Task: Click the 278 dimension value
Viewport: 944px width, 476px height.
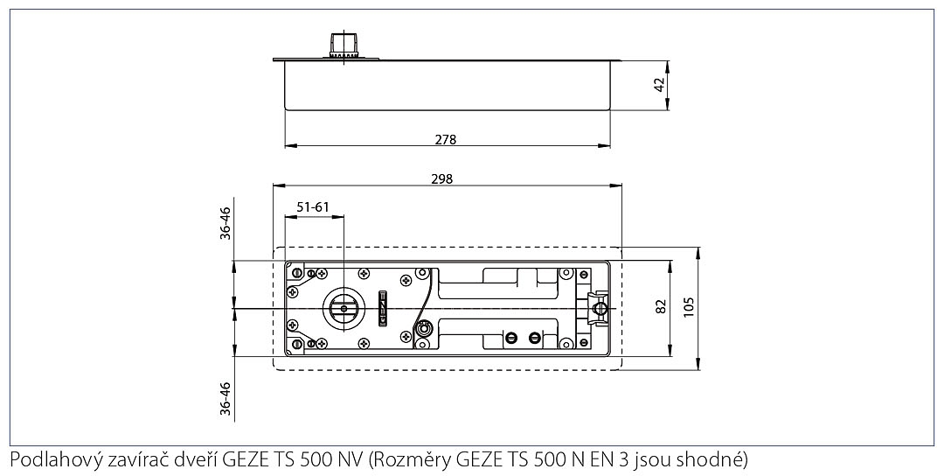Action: pos(447,139)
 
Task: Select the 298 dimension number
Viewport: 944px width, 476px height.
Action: pos(442,178)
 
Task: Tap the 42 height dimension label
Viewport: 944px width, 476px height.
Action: pos(660,84)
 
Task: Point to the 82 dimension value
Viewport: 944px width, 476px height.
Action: pos(661,306)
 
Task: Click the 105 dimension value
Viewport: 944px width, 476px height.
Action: pos(689,306)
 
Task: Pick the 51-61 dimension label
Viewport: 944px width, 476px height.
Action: pos(313,207)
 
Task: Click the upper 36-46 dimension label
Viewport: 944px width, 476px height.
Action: pos(226,223)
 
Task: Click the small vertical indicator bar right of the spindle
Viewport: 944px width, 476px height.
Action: pos(380,307)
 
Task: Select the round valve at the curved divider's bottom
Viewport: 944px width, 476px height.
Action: pos(424,329)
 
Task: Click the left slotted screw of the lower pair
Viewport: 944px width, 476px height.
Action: pos(511,338)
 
